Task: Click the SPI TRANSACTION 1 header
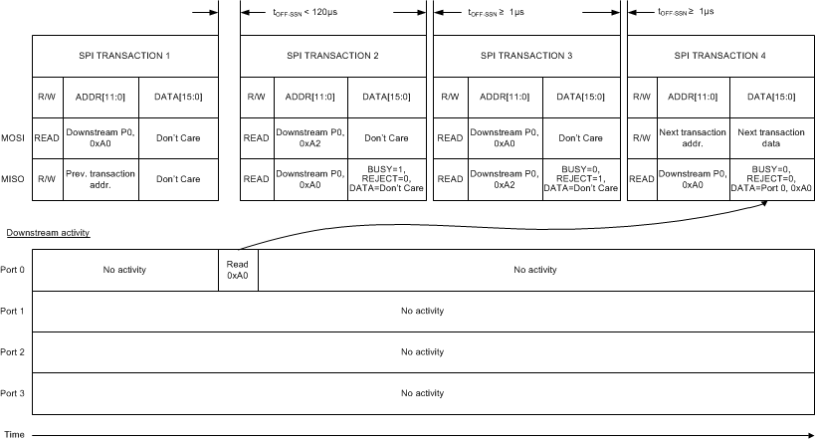tap(125, 55)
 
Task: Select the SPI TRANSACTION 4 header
tap(720, 55)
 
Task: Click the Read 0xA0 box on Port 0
tap(238, 269)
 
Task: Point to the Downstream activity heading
tap(48, 232)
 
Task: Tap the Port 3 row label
tap(13, 393)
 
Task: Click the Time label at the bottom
tap(14, 434)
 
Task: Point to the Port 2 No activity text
tap(422, 351)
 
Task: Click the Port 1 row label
tap(13, 311)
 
